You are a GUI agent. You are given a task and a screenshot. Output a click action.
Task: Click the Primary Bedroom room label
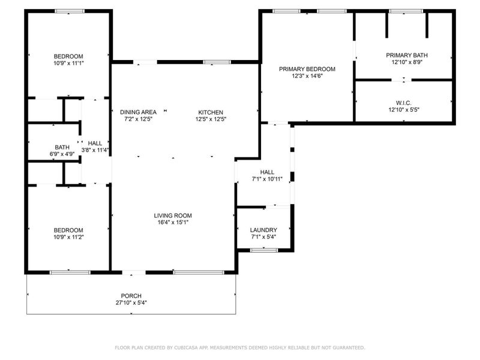click(307, 69)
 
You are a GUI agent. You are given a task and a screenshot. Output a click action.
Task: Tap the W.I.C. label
click(403, 103)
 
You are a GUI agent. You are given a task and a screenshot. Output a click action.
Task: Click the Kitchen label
click(211, 112)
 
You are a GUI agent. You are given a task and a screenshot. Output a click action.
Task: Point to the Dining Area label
click(138, 112)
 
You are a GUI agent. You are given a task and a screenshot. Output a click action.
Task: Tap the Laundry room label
click(263, 230)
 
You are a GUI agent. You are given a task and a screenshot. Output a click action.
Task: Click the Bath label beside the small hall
click(62, 147)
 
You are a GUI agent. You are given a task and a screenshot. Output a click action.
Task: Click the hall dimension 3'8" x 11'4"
click(95, 150)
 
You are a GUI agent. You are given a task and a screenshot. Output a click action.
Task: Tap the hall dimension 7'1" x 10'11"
click(267, 179)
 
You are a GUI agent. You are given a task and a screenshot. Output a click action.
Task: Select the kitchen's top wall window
click(216, 62)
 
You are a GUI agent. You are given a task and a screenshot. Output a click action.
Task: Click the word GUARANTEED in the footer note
click(348, 347)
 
